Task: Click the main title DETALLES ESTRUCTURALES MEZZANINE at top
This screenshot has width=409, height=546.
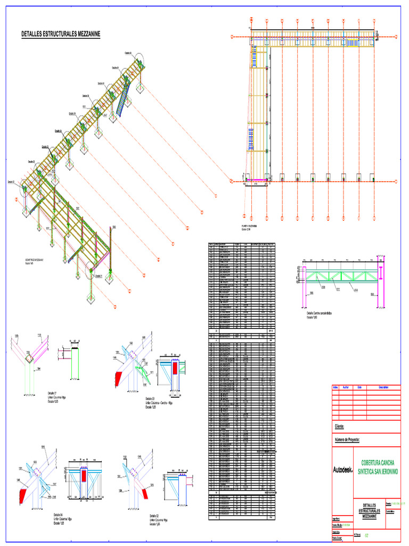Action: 61,34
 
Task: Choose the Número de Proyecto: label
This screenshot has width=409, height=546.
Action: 348,440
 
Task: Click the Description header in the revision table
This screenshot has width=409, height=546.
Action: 383,387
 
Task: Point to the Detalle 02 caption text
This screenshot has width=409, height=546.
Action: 159,519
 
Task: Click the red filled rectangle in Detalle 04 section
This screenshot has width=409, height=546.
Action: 85,476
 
